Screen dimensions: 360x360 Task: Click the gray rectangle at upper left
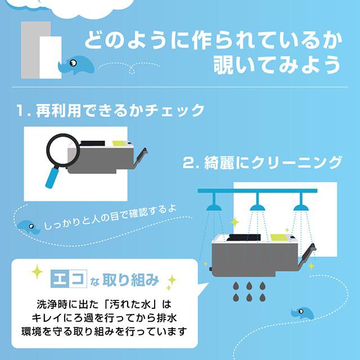pos(29,51)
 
